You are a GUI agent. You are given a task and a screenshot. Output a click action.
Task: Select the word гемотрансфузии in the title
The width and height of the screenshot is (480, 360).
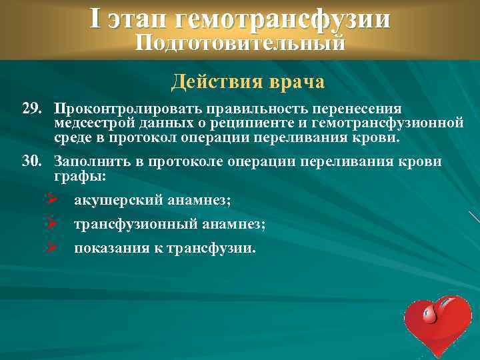click(281, 19)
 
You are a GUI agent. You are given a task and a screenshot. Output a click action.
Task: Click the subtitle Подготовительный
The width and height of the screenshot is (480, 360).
click(240, 44)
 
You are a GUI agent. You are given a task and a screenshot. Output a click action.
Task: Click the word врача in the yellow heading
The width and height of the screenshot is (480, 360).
click(298, 83)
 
